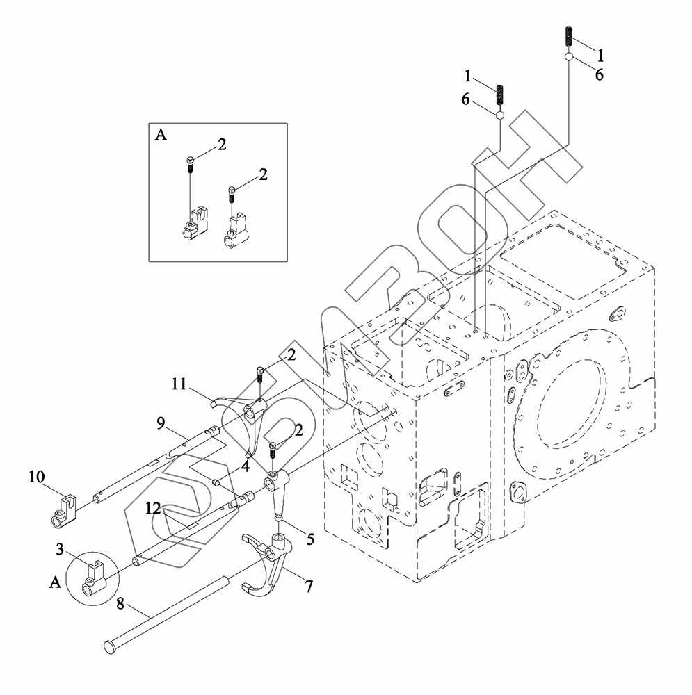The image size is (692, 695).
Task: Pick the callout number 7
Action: point(307,586)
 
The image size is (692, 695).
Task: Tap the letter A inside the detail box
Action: point(160,136)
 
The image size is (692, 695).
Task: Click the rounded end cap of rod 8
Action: point(108,646)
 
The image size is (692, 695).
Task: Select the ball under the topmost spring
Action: point(569,56)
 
